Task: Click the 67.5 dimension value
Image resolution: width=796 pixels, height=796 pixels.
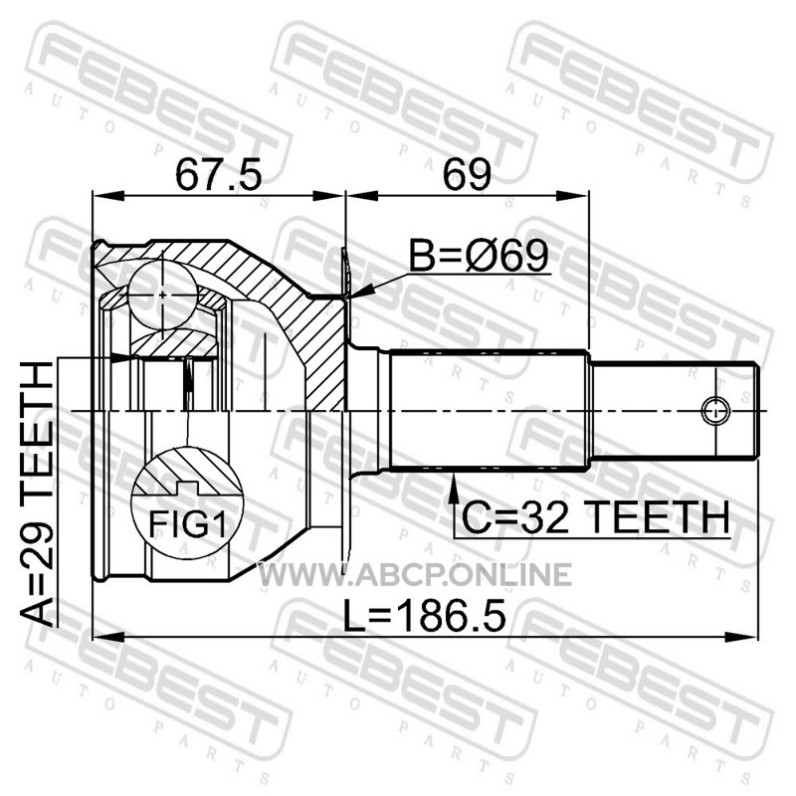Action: [x=218, y=175]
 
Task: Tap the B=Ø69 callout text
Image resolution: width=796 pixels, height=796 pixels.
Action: [x=480, y=255]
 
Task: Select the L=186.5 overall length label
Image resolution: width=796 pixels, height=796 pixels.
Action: [x=425, y=616]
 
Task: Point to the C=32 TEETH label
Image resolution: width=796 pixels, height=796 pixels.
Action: [x=595, y=516]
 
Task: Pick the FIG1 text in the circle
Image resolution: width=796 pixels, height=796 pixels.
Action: [x=187, y=523]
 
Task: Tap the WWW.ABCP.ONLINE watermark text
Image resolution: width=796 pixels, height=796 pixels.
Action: [x=415, y=575]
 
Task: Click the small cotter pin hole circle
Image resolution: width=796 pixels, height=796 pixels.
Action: [x=715, y=410]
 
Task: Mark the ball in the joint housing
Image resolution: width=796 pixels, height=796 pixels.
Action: [x=162, y=295]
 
